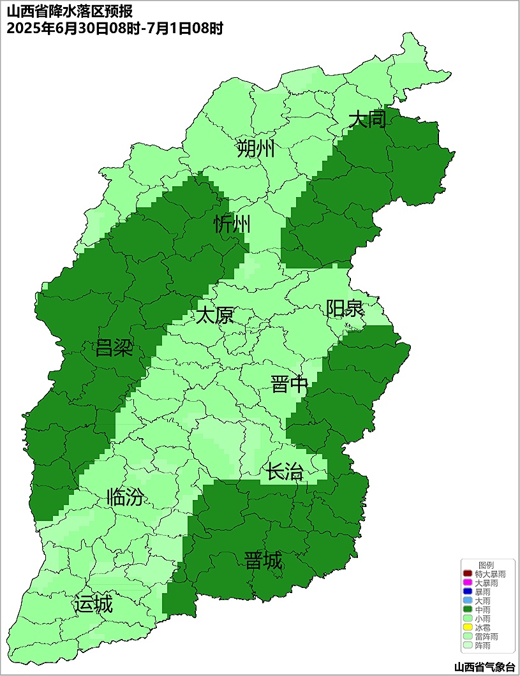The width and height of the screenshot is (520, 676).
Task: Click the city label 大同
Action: (x=368, y=119)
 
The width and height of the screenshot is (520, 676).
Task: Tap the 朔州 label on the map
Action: (x=255, y=149)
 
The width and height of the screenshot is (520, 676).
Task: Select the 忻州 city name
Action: (x=232, y=224)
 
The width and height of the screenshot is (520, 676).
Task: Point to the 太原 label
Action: (x=214, y=315)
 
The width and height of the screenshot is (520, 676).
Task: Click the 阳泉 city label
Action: (x=345, y=309)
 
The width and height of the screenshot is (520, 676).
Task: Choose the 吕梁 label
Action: (x=114, y=348)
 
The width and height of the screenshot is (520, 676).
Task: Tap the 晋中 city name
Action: (x=290, y=385)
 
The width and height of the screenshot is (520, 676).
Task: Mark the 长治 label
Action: (x=285, y=473)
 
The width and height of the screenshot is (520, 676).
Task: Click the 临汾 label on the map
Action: (x=125, y=497)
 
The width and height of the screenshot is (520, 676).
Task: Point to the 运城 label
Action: (x=93, y=604)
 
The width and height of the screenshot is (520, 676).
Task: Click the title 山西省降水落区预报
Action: (x=70, y=12)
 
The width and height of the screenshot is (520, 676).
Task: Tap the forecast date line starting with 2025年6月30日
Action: (x=114, y=29)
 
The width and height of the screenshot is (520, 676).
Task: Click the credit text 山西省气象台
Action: (x=484, y=666)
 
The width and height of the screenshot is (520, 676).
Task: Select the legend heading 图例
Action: (x=486, y=565)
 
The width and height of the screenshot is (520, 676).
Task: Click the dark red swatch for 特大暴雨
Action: (x=468, y=574)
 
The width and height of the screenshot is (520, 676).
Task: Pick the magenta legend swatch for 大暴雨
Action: (x=468, y=583)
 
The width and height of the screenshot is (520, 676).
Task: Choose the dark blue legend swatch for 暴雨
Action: (x=468, y=592)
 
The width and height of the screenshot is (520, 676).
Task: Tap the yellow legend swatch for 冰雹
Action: (x=468, y=628)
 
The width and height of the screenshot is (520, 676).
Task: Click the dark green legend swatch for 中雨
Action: (x=468, y=610)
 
